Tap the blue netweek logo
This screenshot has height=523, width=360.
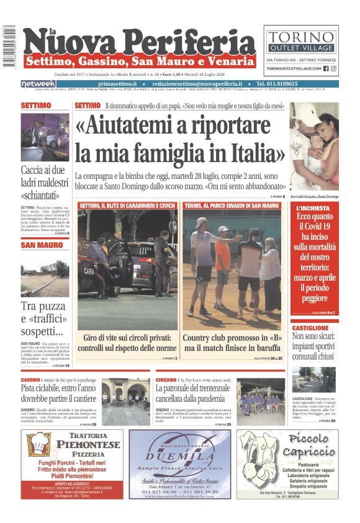tap(38, 84)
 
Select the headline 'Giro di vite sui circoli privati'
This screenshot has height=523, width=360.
tap(127, 343)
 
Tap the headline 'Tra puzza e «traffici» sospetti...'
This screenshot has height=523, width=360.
tap(44, 318)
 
